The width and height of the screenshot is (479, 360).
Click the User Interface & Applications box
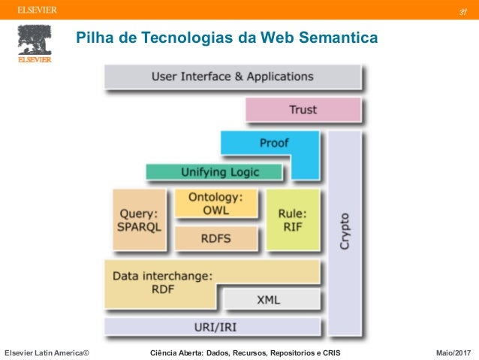pyautogui.click(x=233, y=77)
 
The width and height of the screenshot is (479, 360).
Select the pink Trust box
pyautogui.click(x=303, y=110)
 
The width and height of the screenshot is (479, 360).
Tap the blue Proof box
pyautogui.click(x=273, y=143)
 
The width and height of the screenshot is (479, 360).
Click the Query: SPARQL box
pyautogui.click(x=138, y=219)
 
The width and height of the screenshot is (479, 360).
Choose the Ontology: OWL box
pyautogui.click(x=215, y=204)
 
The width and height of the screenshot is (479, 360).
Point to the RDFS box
pyautogui.click(x=215, y=239)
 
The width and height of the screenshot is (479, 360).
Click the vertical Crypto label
pyautogui.click(x=344, y=233)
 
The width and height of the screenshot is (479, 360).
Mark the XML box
pyautogui.click(x=268, y=299)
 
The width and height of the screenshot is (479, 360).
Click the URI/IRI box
pyautogui.click(x=214, y=327)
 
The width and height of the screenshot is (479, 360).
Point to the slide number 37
pyautogui.click(x=464, y=11)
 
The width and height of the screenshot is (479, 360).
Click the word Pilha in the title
pyautogui.click(x=91, y=37)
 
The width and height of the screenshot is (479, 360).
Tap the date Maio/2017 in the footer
pyautogui.click(x=453, y=352)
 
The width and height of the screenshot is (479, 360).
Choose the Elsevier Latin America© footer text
pyautogui.click(x=47, y=352)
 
